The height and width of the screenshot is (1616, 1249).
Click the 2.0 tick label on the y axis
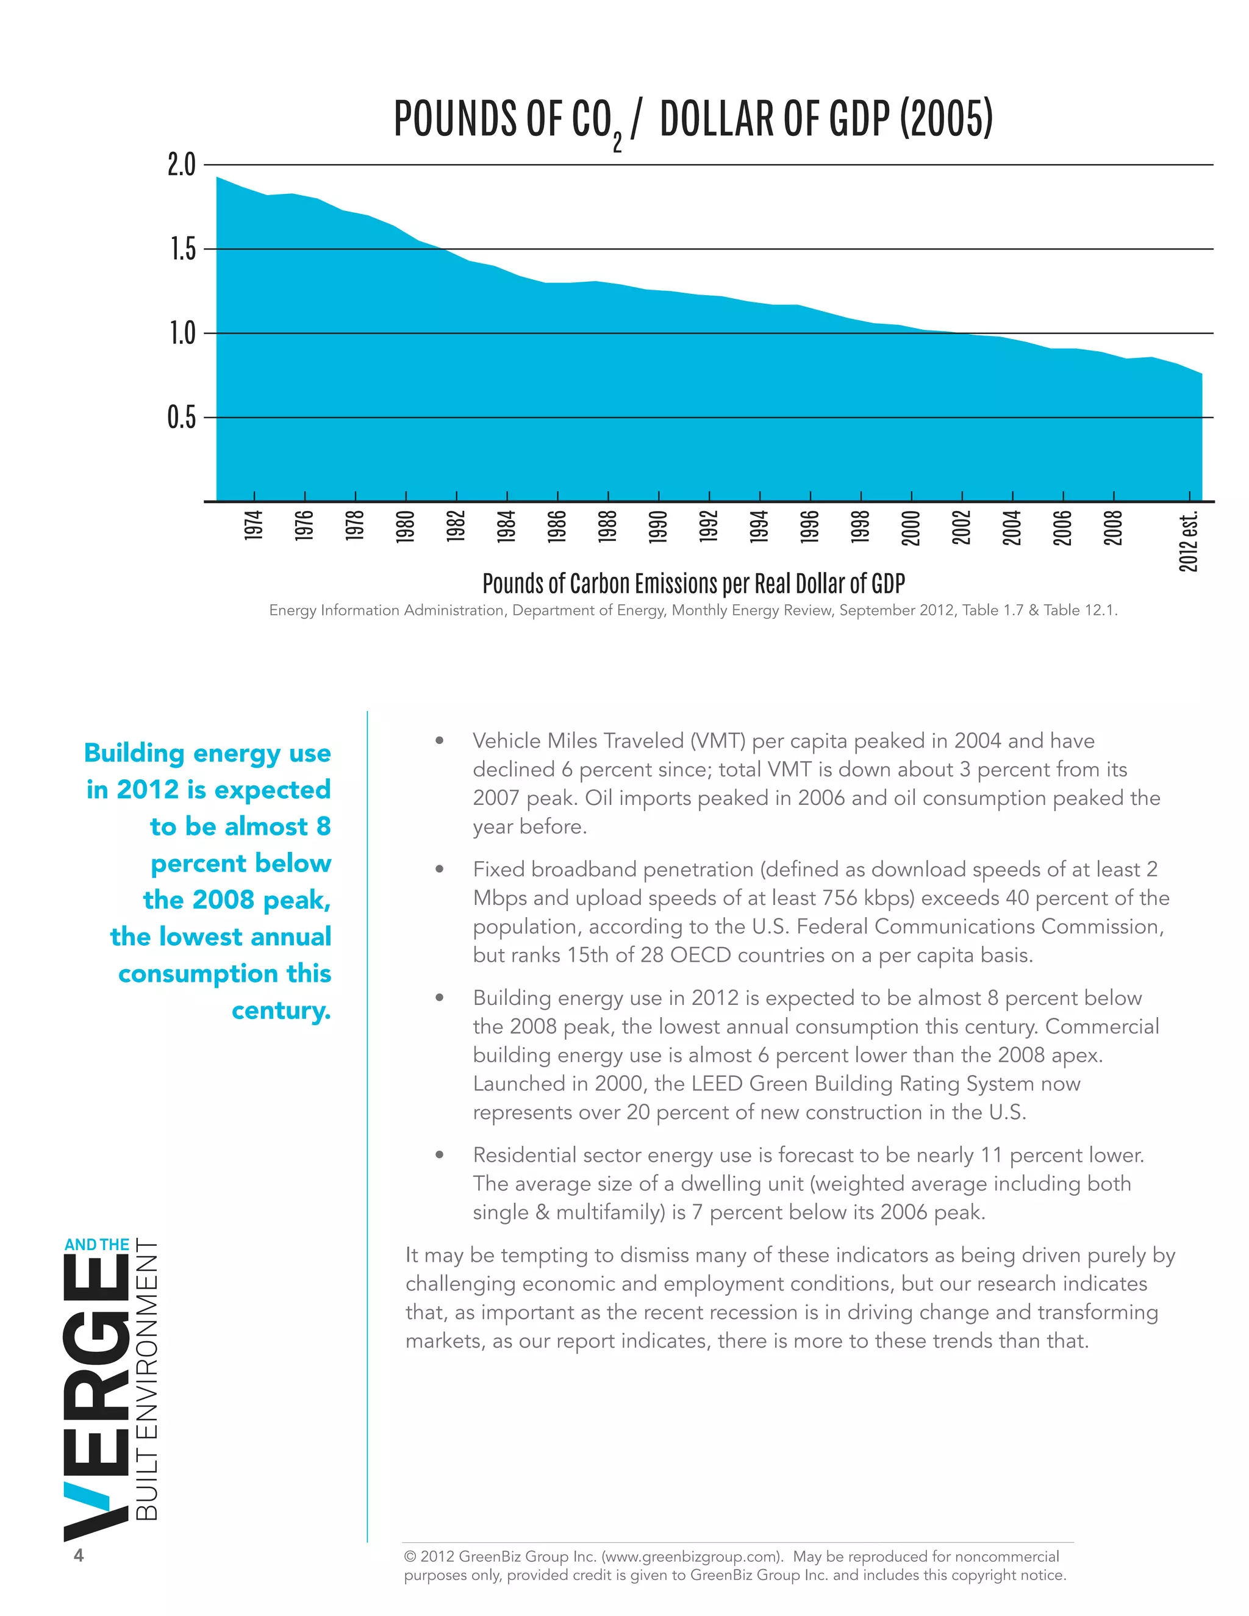pos(181,164)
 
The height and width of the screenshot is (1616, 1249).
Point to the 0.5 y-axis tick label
pos(181,417)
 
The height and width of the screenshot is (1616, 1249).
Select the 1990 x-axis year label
pos(659,527)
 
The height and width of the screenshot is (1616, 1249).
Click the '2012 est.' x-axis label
pos(1189,542)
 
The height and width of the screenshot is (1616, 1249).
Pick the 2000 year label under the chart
pos(911,527)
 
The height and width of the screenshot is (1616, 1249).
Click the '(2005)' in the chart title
pos(946,118)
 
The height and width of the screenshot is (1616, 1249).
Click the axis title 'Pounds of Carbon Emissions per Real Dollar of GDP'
pos(693,584)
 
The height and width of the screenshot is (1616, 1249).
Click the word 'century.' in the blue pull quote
pos(281,1010)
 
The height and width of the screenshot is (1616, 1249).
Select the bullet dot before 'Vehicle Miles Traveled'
pos(440,740)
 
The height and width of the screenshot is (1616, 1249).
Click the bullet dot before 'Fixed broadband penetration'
pos(440,868)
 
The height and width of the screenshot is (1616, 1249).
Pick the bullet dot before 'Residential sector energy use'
pos(440,1154)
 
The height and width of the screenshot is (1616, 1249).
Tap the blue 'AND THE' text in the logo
pos(97,1245)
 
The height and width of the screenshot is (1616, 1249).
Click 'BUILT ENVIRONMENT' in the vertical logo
pos(147,1379)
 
